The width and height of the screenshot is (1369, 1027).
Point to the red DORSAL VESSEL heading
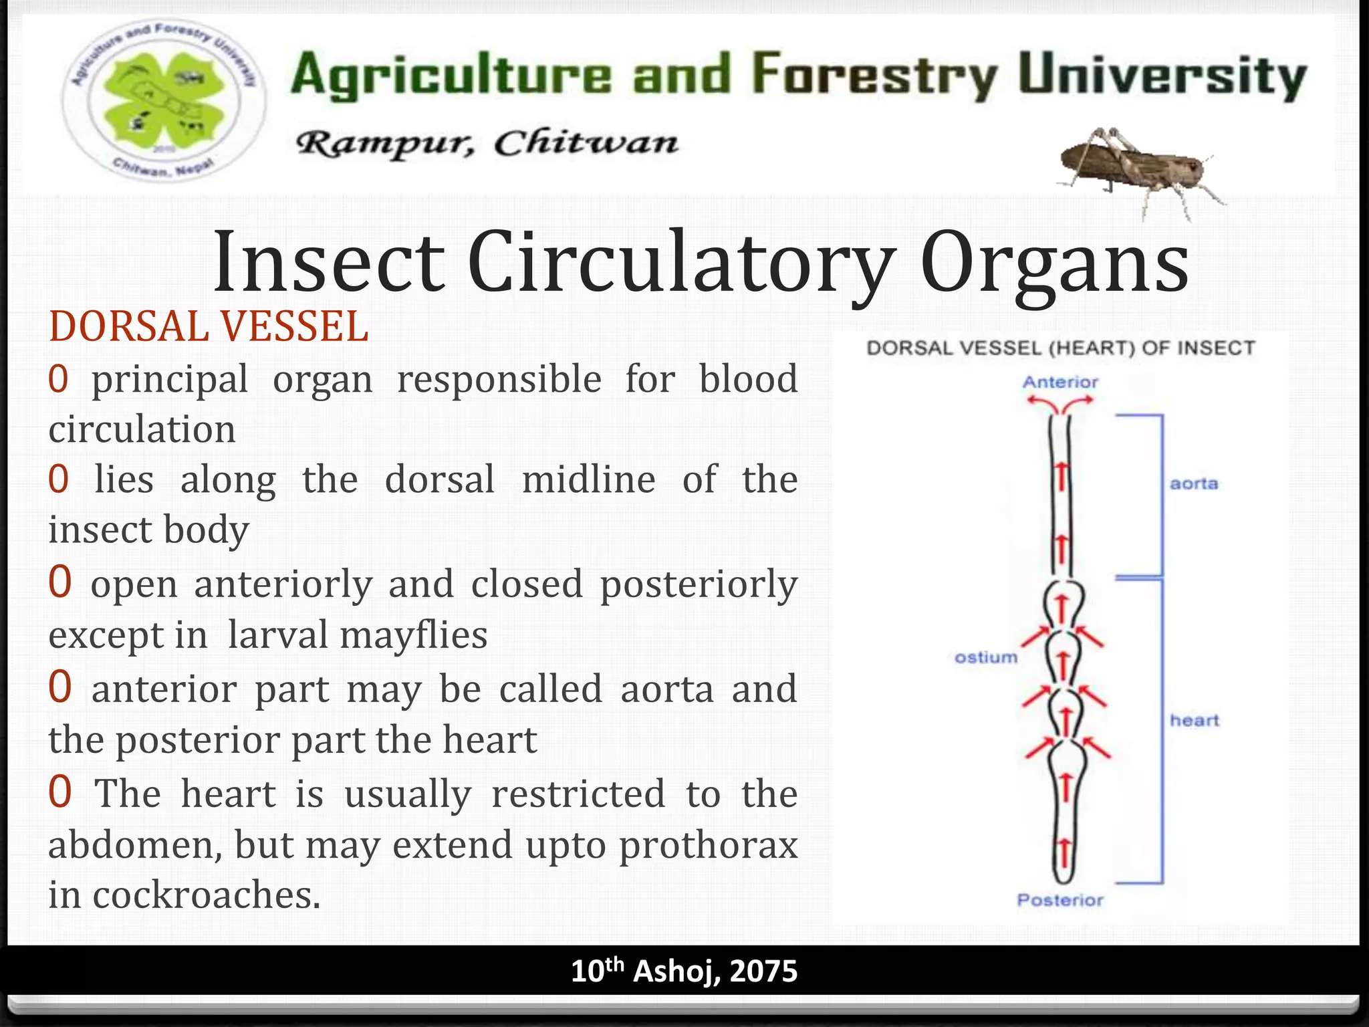point(209,327)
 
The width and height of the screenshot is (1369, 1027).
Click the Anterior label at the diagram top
point(1060,382)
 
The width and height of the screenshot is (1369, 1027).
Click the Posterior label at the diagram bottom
point(1060,900)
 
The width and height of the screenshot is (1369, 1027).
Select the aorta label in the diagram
point(1194,483)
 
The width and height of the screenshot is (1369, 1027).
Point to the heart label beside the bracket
point(1195,721)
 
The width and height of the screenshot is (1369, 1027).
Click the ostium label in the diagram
point(986,658)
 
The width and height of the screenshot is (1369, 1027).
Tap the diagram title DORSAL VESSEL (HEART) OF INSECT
point(1061,348)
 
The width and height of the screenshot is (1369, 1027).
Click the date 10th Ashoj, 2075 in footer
point(684,971)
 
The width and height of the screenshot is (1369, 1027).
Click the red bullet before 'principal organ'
point(59,380)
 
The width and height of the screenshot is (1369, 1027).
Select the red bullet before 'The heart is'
point(60,793)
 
